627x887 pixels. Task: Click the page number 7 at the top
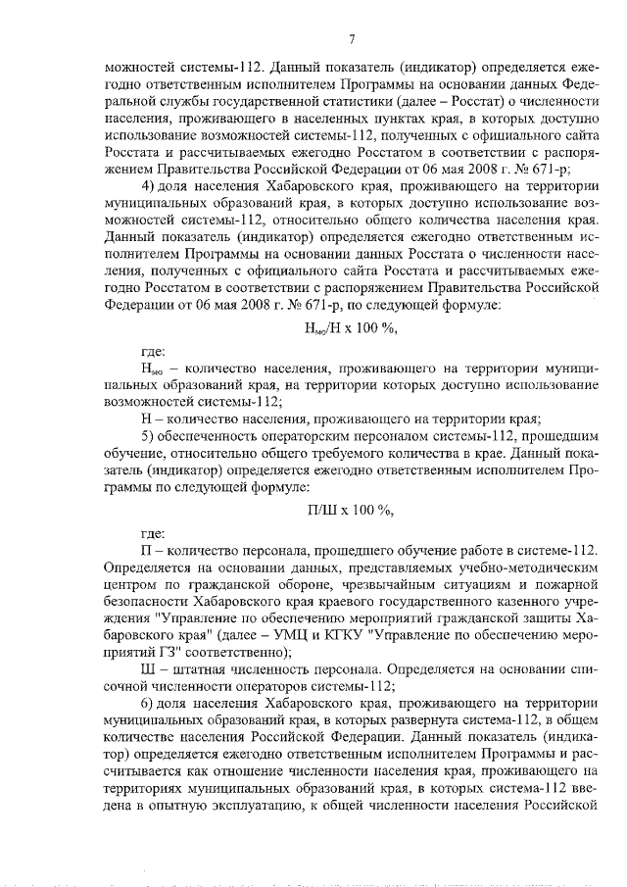[x=350, y=39]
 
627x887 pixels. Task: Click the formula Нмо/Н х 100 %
[x=350, y=326]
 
